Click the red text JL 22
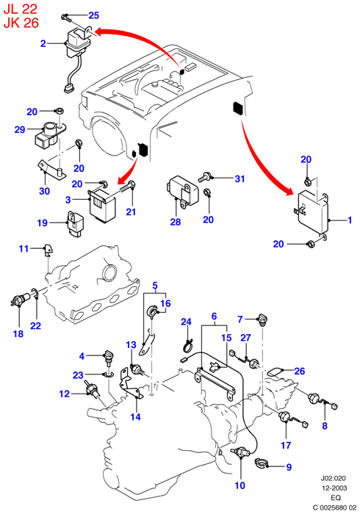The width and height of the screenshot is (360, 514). click(20, 9)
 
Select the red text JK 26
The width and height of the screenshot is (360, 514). click(21, 23)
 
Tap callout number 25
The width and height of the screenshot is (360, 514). click(93, 15)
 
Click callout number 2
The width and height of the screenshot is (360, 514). click(43, 43)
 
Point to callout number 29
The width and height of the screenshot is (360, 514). click(20, 130)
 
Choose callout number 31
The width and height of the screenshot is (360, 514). click(240, 179)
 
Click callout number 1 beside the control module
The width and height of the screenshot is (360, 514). click(350, 220)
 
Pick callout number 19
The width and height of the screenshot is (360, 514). click(43, 223)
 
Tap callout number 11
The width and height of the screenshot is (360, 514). click(24, 249)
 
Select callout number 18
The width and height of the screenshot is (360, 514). click(18, 333)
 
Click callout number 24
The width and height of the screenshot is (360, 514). click(186, 322)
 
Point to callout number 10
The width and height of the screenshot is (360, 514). click(240, 485)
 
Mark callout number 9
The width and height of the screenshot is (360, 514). click(289, 467)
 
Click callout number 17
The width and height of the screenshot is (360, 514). click(286, 445)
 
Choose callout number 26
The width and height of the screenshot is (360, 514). click(299, 371)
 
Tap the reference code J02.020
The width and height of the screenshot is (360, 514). click(333, 479)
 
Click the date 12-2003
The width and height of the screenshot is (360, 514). click(334, 488)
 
